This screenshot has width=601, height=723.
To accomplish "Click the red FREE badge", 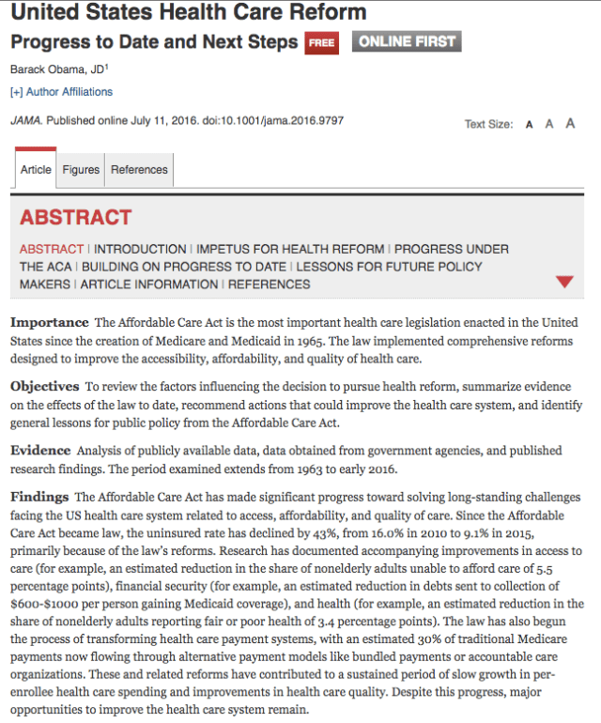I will [321, 42].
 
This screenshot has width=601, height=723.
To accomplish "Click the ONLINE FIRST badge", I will [406, 41].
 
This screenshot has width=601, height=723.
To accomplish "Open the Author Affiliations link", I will [61, 92].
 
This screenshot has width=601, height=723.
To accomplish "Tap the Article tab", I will [36, 170].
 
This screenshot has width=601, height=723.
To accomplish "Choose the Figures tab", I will [81, 170].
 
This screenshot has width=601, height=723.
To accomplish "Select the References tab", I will [139, 170].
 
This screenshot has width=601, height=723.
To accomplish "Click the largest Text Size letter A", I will [570, 123].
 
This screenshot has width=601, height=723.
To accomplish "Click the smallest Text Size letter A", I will [530, 124].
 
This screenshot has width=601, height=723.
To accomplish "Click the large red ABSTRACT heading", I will [76, 218].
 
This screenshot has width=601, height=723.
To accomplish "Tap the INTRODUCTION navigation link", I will [140, 249].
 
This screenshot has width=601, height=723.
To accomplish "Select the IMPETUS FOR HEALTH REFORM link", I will [290, 249].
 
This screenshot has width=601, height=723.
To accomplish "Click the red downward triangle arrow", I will [564, 282].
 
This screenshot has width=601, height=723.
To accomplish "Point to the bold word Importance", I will [50, 322].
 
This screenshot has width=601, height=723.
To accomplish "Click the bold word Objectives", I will [45, 386].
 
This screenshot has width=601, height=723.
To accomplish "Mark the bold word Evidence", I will [40, 450].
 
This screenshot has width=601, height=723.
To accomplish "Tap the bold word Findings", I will [39, 497].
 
